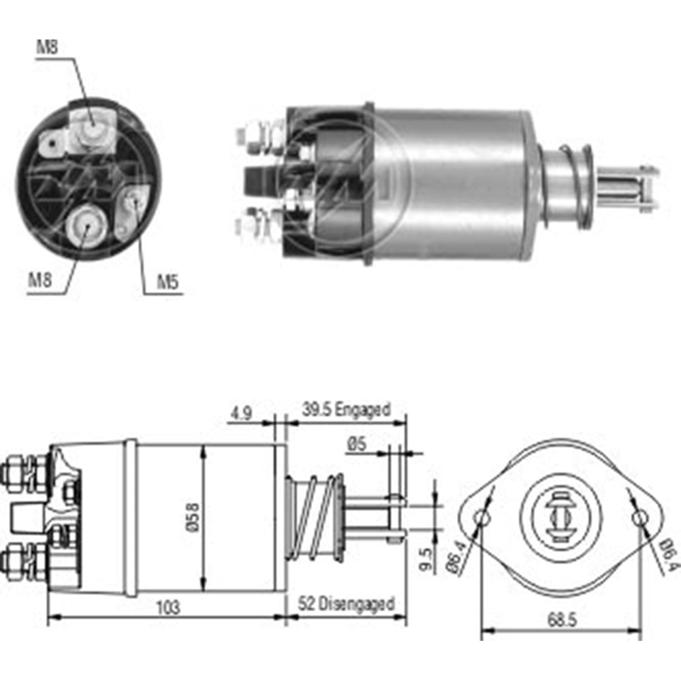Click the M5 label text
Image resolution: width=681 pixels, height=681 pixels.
(168, 282)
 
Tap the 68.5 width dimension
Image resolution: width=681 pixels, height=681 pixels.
(561, 620)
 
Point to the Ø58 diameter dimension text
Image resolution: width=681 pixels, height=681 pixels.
(193, 518)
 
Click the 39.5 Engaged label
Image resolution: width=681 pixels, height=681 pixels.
(347, 410)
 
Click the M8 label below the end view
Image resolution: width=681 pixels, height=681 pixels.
(39, 279)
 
